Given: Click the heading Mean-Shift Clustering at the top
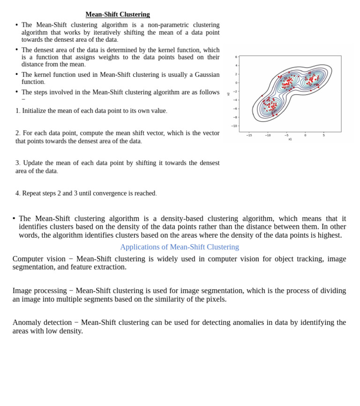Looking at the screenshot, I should [x=118, y=15].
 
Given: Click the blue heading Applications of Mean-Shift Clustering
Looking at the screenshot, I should [x=180, y=247].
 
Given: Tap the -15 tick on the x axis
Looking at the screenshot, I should [x=249, y=135].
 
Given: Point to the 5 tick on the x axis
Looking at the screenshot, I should [x=323, y=135].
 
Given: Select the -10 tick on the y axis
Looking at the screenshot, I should [x=234, y=126].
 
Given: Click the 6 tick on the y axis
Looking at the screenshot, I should [x=236, y=57].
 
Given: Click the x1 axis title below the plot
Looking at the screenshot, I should [x=290, y=139].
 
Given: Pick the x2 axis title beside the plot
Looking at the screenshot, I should [x=229, y=94].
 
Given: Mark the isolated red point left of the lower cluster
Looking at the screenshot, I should [x=262, y=96].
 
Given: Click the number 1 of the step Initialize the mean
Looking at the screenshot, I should [x=17, y=111].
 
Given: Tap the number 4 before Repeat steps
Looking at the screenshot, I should [x=17, y=194].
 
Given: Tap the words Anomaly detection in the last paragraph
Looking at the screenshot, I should [x=42, y=323].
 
